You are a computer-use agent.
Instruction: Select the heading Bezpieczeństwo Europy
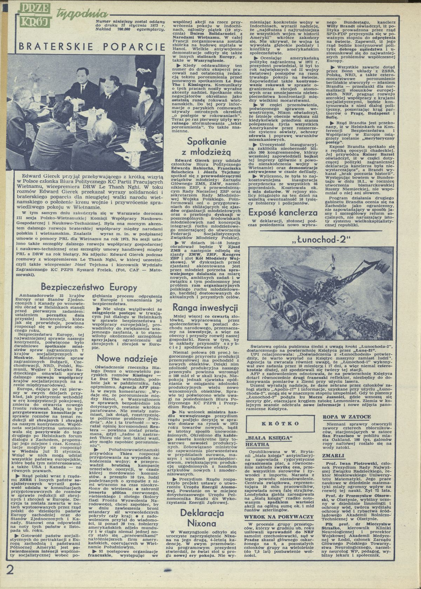click(89, 287)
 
